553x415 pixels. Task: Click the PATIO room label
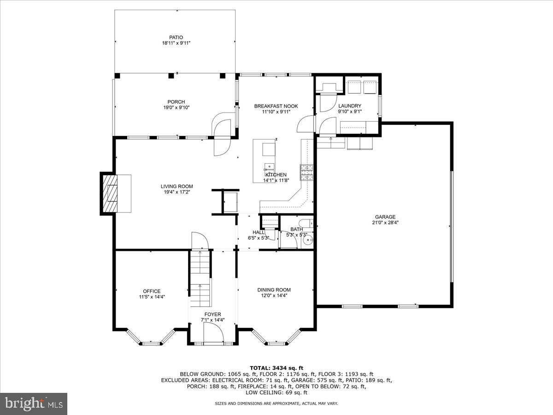(176, 37)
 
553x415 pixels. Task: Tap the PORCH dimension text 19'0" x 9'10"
(176, 107)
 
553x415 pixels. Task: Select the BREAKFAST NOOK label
(276, 106)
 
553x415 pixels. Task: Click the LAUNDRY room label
(349, 106)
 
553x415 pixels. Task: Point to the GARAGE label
(385, 217)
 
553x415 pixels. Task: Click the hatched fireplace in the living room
(109, 193)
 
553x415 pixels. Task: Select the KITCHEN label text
(276, 175)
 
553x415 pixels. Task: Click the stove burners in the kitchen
(306, 172)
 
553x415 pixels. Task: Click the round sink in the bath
(310, 239)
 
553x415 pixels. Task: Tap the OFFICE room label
(152, 291)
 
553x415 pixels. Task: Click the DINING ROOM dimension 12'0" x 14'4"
(274, 296)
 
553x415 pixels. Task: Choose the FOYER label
(213, 314)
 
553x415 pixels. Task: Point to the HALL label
(258, 232)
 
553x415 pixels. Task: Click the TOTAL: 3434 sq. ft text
(276, 368)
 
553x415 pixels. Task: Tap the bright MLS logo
(34, 403)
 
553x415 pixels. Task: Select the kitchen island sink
(268, 167)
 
